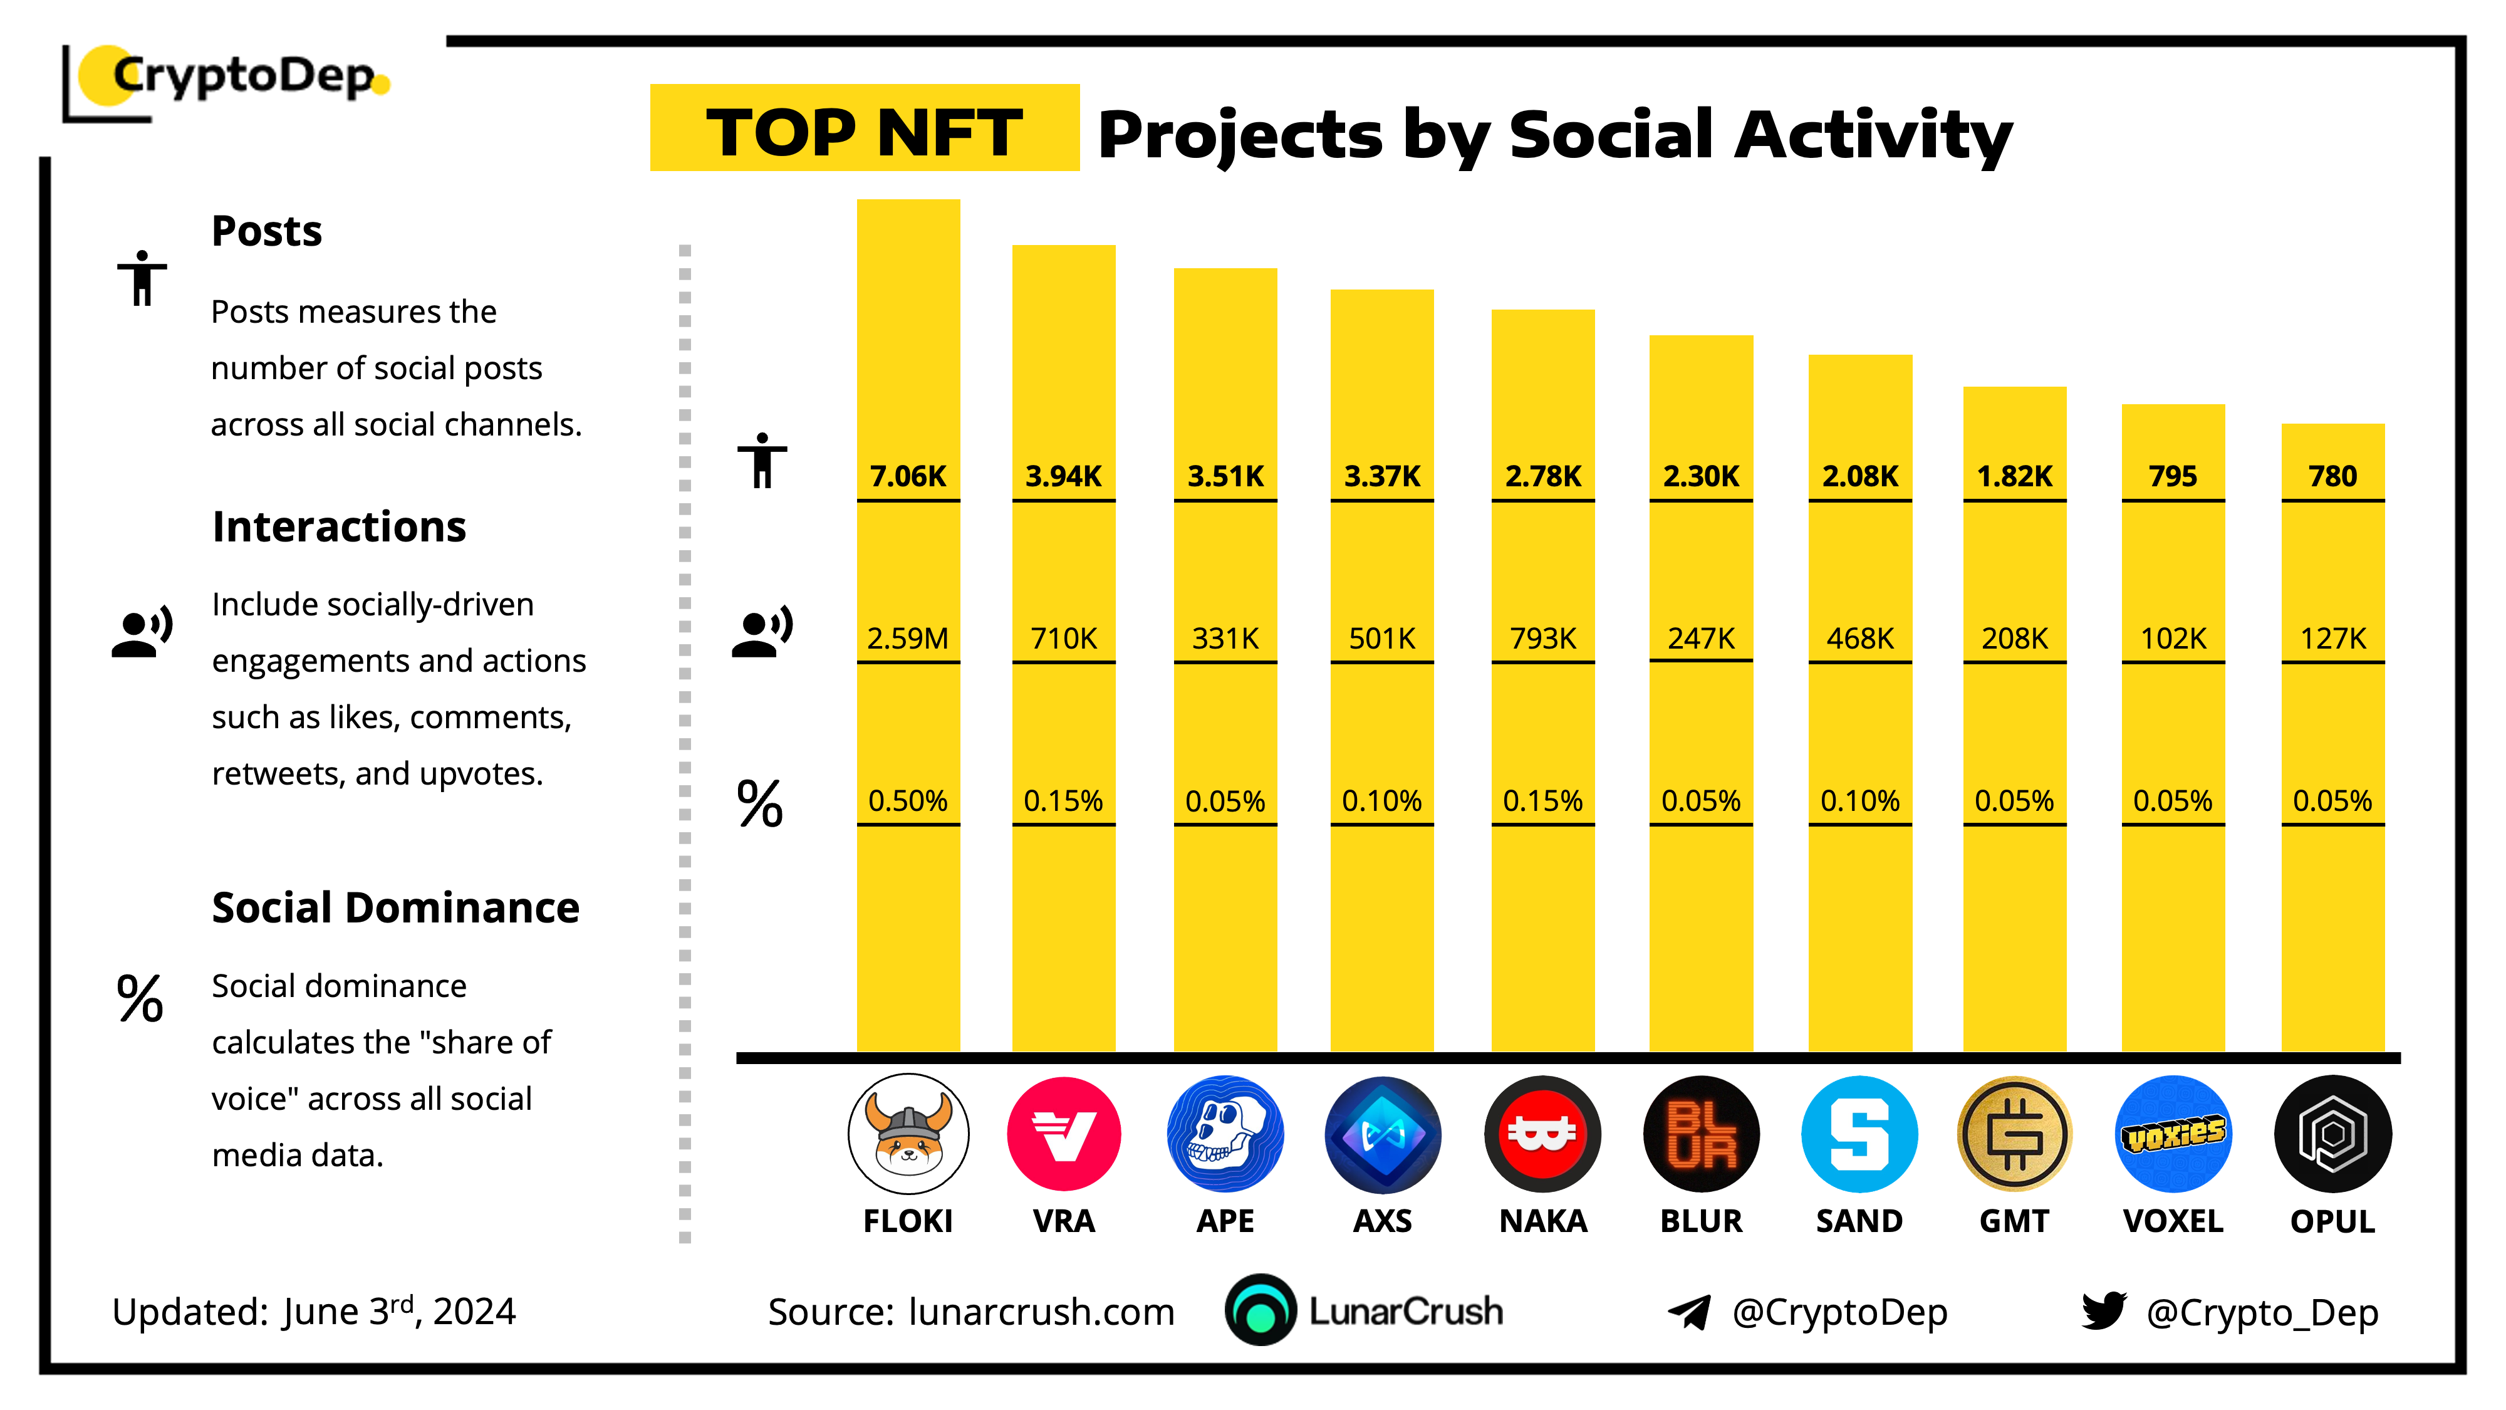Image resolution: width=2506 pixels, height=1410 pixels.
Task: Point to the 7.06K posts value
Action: [908, 476]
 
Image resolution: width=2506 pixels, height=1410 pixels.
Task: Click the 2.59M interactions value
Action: [908, 639]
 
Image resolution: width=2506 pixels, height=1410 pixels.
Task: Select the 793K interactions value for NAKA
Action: [1543, 639]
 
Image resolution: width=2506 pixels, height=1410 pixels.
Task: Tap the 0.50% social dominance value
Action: [908, 801]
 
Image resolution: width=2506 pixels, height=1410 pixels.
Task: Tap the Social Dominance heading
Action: [395, 908]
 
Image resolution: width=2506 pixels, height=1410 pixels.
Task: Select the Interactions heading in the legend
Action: [338, 526]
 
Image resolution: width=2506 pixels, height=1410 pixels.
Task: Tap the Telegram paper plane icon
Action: [1690, 1312]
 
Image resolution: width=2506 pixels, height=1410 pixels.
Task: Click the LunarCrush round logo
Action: [1260, 1310]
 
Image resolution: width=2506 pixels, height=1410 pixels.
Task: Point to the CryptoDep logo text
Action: [243, 76]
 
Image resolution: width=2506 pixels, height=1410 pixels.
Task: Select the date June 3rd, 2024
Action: [399, 1311]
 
